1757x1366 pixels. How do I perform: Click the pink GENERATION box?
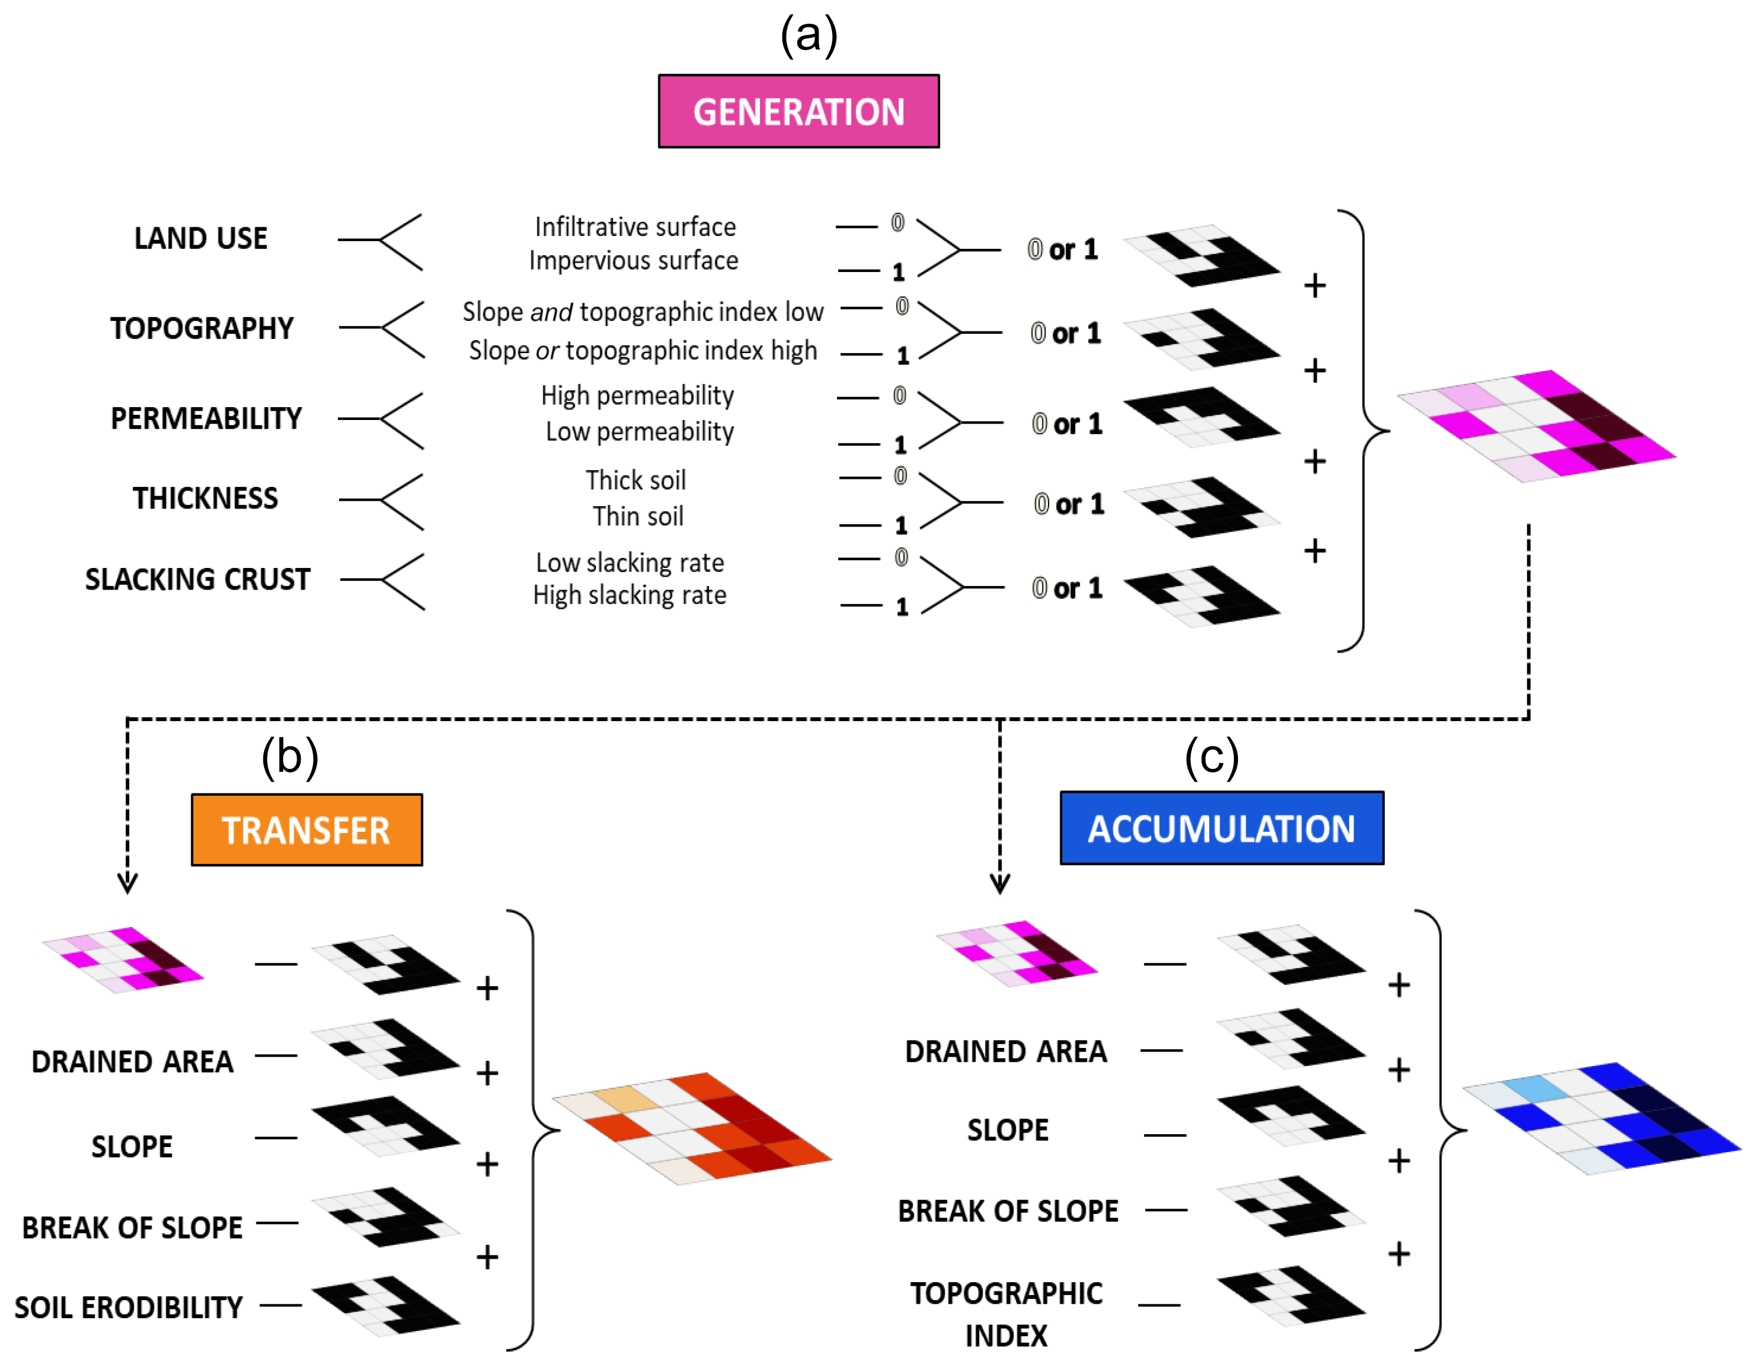tap(798, 111)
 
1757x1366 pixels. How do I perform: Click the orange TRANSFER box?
tap(306, 830)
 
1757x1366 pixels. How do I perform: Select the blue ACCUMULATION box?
tap(1221, 828)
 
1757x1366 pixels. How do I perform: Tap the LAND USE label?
tap(200, 238)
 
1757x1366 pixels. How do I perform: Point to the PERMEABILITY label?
tap(206, 418)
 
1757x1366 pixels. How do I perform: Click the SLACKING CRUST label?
tap(198, 579)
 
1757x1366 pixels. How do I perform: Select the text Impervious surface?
tap(633, 260)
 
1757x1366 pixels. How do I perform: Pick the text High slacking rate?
tap(629, 595)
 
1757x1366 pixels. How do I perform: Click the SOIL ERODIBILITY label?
tap(129, 1307)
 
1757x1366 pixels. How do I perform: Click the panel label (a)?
tap(809, 36)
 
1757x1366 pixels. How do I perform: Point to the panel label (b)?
tap(290, 757)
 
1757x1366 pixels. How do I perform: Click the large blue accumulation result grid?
tap(1601, 1118)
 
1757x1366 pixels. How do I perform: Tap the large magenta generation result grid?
tap(1537, 426)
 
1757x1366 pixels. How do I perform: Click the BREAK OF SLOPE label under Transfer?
tap(132, 1227)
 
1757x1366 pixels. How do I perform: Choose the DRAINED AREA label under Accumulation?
tap(1005, 1051)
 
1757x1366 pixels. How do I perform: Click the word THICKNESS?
tap(205, 499)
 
